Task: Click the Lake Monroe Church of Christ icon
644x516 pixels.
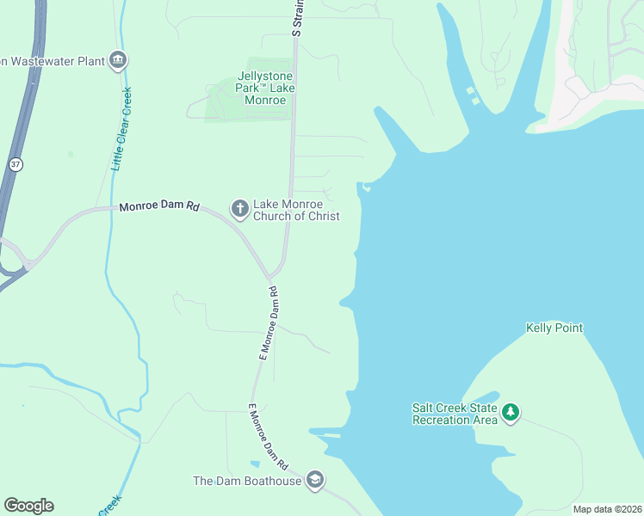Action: (x=239, y=207)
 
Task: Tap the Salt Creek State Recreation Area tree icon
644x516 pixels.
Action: (x=511, y=413)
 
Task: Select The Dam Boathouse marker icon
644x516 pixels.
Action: (x=315, y=481)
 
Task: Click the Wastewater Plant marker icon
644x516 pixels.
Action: (x=119, y=60)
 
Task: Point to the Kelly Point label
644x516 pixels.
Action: (x=554, y=328)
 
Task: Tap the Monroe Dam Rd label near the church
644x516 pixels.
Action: (x=159, y=207)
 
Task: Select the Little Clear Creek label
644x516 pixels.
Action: (x=121, y=129)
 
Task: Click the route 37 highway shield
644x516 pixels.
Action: (x=15, y=163)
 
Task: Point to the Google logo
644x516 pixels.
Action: (x=28, y=506)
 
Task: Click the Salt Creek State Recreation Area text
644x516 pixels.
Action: (x=455, y=414)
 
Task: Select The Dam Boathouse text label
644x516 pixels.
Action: (x=247, y=481)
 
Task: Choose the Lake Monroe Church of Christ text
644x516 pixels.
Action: (x=296, y=211)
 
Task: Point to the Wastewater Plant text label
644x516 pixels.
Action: (x=52, y=61)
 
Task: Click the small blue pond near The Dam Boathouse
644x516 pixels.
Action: (x=256, y=465)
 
